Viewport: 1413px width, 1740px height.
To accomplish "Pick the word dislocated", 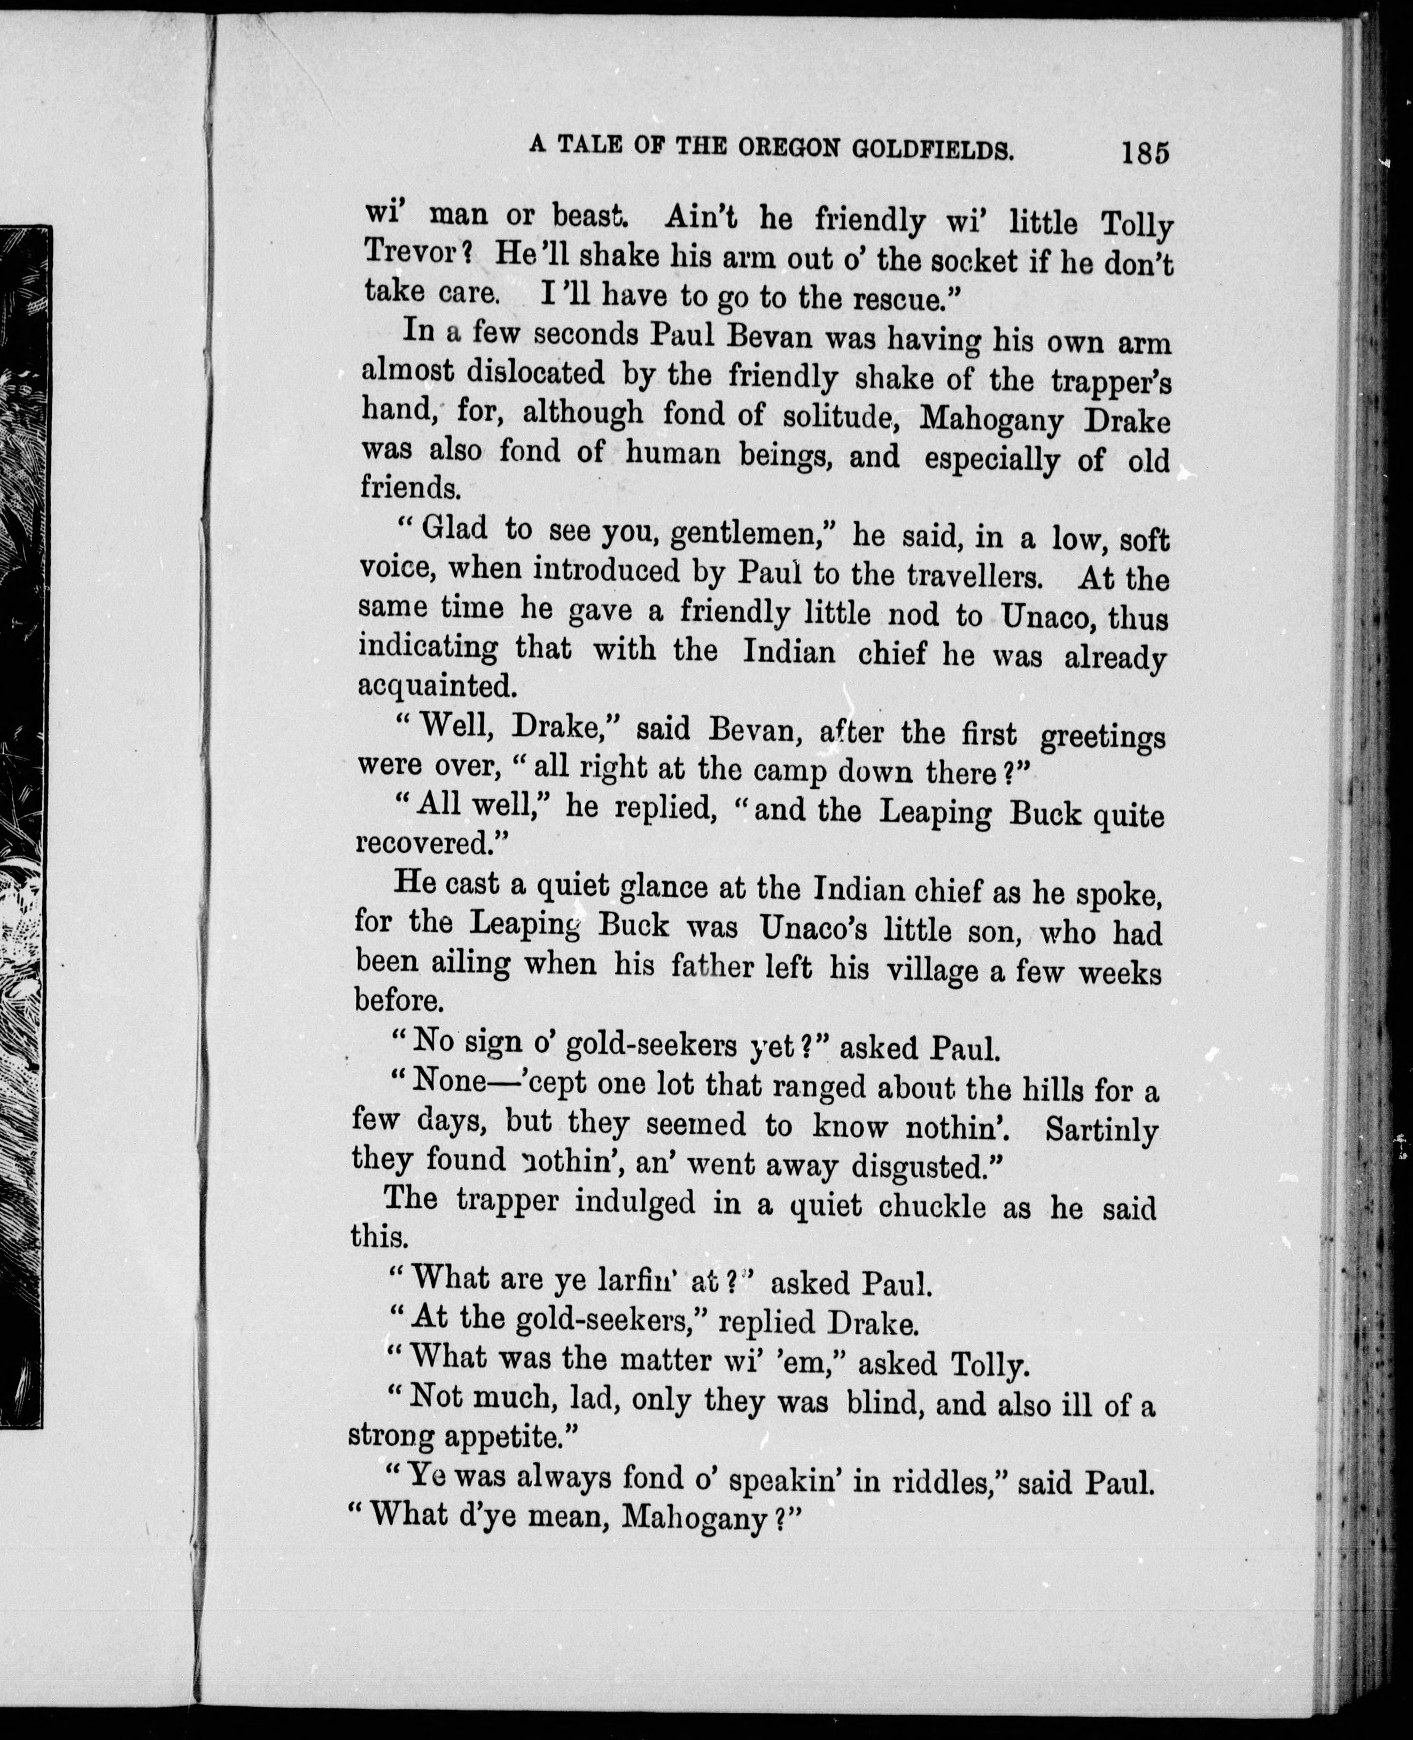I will point(535,372).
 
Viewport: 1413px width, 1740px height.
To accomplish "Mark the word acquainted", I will point(438,686).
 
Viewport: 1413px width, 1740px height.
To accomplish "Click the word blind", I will point(884,1404).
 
